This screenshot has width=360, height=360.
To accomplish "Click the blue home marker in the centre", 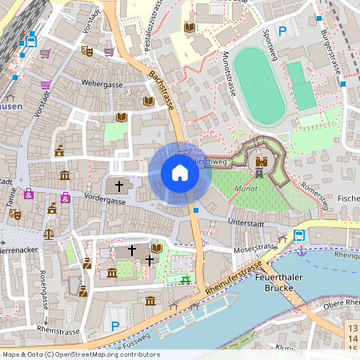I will (x=179, y=173).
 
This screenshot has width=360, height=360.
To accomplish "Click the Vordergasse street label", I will (x=106, y=202).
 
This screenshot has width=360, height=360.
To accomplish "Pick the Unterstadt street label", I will (x=245, y=222).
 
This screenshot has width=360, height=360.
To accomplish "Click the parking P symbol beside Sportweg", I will (x=282, y=32).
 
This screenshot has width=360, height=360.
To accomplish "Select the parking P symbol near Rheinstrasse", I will (x=116, y=326).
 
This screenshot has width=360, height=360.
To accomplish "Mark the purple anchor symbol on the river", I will (x=301, y=250).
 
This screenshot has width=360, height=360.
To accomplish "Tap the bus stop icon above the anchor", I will (x=299, y=235).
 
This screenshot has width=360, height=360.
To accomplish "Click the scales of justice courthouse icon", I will (x=49, y=234).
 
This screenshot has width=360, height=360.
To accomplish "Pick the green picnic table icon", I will (x=186, y=278).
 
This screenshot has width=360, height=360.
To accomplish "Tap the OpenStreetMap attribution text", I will (x=81, y=354).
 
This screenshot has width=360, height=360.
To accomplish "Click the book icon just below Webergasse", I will (x=121, y=117).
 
